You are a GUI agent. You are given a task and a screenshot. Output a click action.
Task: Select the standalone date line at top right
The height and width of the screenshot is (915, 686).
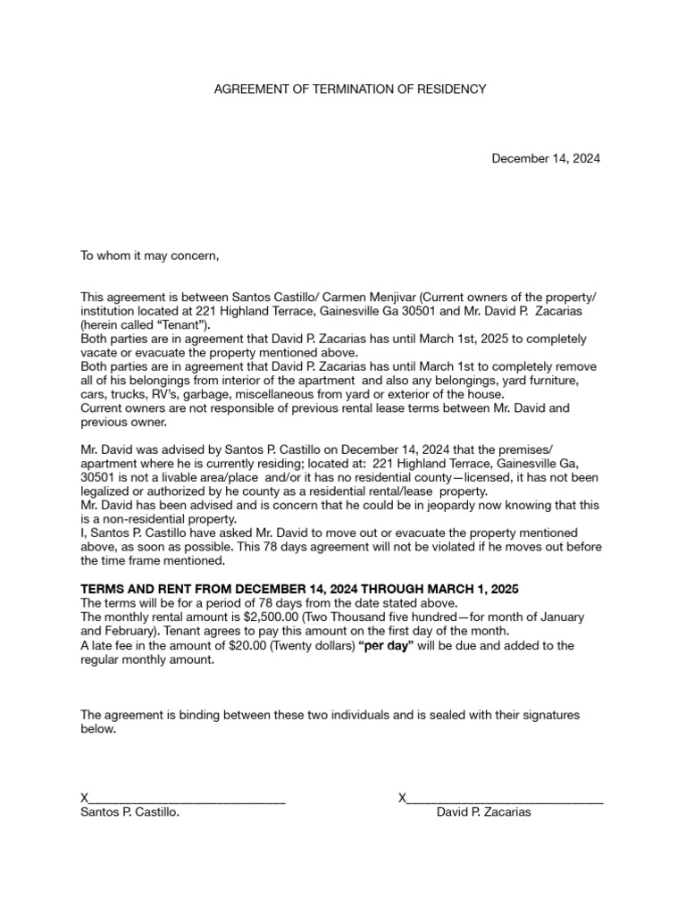pos(546,158)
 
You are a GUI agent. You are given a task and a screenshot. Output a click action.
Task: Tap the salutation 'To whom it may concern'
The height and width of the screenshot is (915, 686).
pos(149,256)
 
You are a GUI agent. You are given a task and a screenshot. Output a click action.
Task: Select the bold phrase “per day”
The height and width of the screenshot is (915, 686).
pos(385,645)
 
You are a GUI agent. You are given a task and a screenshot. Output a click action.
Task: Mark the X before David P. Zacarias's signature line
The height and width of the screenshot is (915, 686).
pos(402,797)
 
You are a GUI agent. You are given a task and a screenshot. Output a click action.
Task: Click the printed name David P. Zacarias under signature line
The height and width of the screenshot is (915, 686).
pos(484,813)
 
